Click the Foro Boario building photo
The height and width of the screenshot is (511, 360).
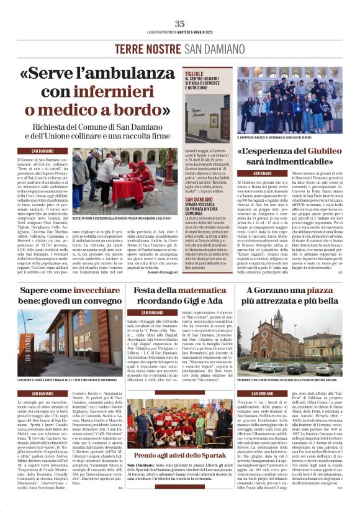click(x=59, y=338)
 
